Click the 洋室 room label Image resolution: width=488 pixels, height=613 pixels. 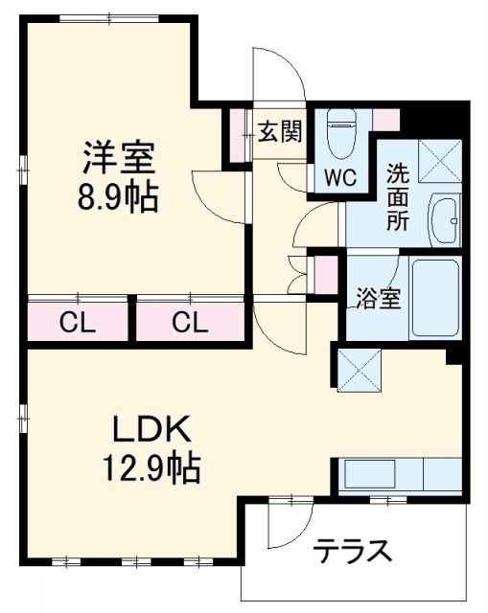coord(119,156)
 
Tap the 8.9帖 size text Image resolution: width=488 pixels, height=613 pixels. coord(119,198)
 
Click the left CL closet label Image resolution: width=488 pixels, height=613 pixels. coord(78,323)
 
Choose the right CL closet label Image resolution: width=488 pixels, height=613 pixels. coord(189,323)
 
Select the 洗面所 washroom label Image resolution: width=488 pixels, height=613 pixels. coord(399,197)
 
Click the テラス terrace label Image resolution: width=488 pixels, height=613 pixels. coord(354,552)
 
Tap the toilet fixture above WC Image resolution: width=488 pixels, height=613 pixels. coord(340,133)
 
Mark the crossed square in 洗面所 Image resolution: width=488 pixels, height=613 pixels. coord(440,162)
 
